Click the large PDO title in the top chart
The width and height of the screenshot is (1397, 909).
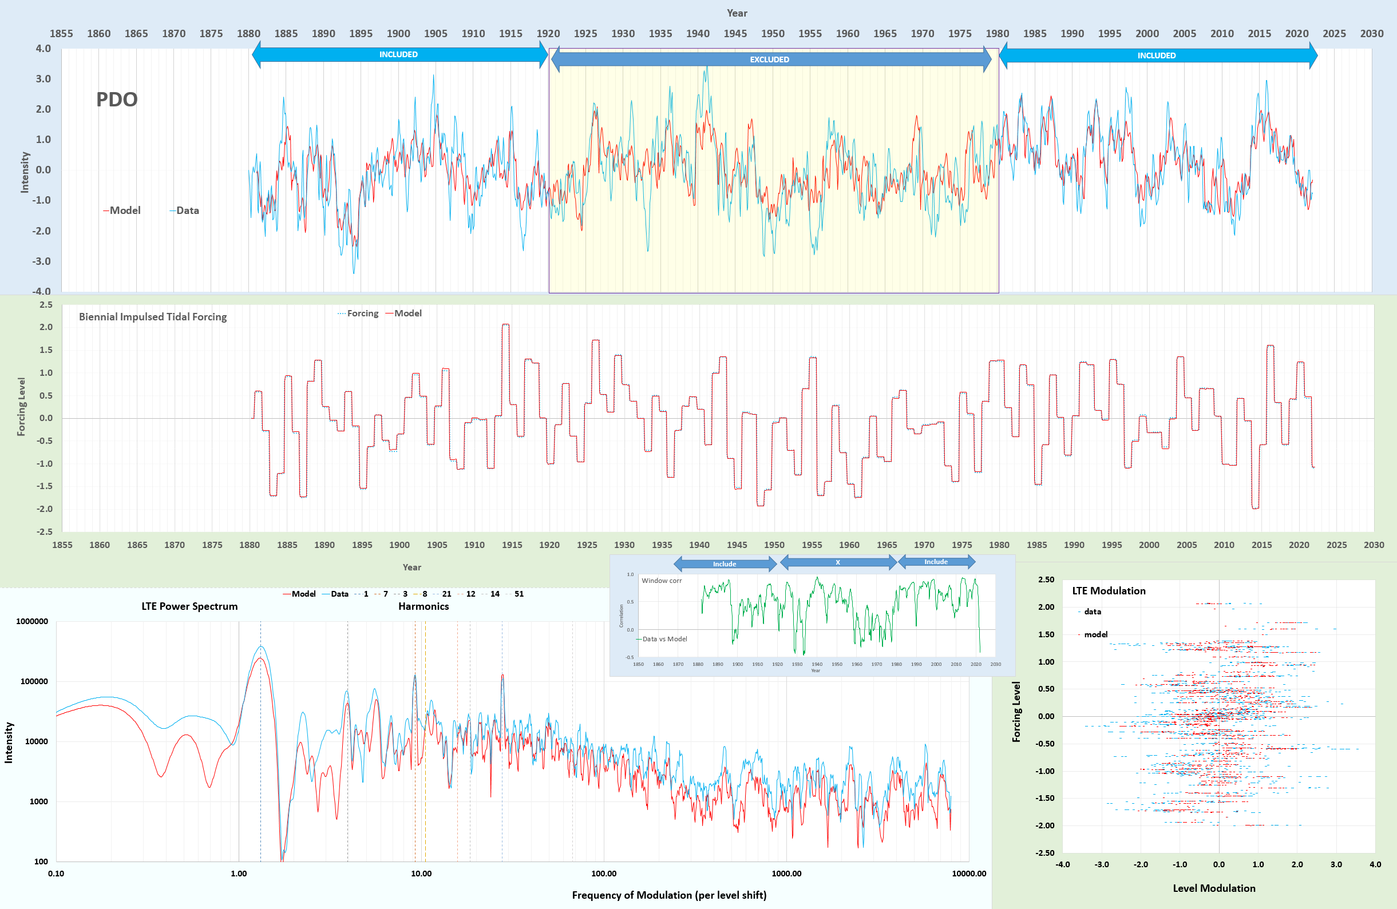pos(117,99)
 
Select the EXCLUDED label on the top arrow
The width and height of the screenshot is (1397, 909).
pos(769,59)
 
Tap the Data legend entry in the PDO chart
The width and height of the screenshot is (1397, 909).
pos(187,210)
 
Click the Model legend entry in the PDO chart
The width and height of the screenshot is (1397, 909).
pos(124,210)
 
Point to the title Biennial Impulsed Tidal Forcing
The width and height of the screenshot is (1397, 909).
pos(153,316)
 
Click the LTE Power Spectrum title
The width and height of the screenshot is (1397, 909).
pos(189,606)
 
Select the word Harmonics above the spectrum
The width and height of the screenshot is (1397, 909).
pos(423,606)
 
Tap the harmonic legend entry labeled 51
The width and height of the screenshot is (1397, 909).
pos(519,594)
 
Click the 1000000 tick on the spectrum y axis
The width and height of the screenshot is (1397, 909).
pos(32,621)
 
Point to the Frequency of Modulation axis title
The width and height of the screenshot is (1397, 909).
pos(669,895)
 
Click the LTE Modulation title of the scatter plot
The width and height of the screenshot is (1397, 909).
pos(1109,591)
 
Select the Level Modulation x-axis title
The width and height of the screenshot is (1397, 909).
pos(1214,888)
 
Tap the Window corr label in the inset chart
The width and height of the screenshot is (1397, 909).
pos(662,581)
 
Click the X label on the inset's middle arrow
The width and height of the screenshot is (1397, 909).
pos(838,562)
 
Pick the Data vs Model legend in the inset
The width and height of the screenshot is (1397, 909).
pos(664,639)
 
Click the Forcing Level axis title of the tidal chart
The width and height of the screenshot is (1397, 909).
pos(21,406)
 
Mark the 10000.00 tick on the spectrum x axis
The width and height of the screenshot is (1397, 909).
pos(969,873)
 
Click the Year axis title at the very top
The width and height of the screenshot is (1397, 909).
pos(737,13)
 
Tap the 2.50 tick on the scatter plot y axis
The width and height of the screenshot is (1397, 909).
pos(1046,579)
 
